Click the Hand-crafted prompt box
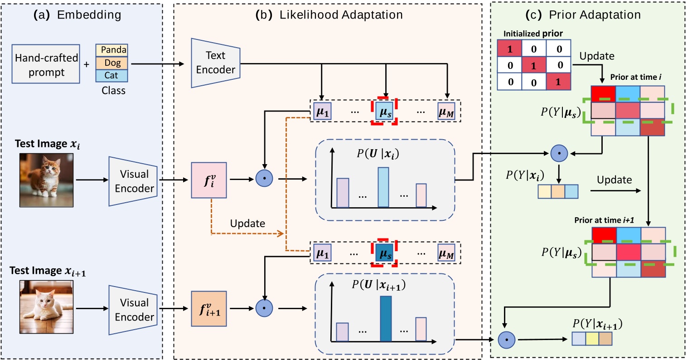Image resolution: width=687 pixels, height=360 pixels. pos(46,64)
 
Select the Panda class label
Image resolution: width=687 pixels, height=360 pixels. pos(112,50)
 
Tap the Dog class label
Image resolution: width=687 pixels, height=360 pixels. pos(112,63)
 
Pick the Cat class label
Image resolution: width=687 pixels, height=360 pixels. pos(112,76)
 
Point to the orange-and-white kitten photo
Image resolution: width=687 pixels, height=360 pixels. pos(46,180)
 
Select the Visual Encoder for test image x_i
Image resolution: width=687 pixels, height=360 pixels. pos(133,181)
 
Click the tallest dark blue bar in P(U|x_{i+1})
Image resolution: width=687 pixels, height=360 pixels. pos(386,318)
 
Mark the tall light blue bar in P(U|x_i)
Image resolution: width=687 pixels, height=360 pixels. pos(383,187)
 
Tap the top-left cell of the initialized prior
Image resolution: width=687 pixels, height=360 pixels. pos(510,49)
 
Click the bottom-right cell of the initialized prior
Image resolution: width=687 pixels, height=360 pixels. pos(559,82)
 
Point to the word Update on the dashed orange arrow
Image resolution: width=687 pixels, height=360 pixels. pos(247,224)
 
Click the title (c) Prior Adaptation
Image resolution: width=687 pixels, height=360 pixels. pos(589,15)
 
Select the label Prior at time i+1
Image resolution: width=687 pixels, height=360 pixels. pos(604,220)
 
